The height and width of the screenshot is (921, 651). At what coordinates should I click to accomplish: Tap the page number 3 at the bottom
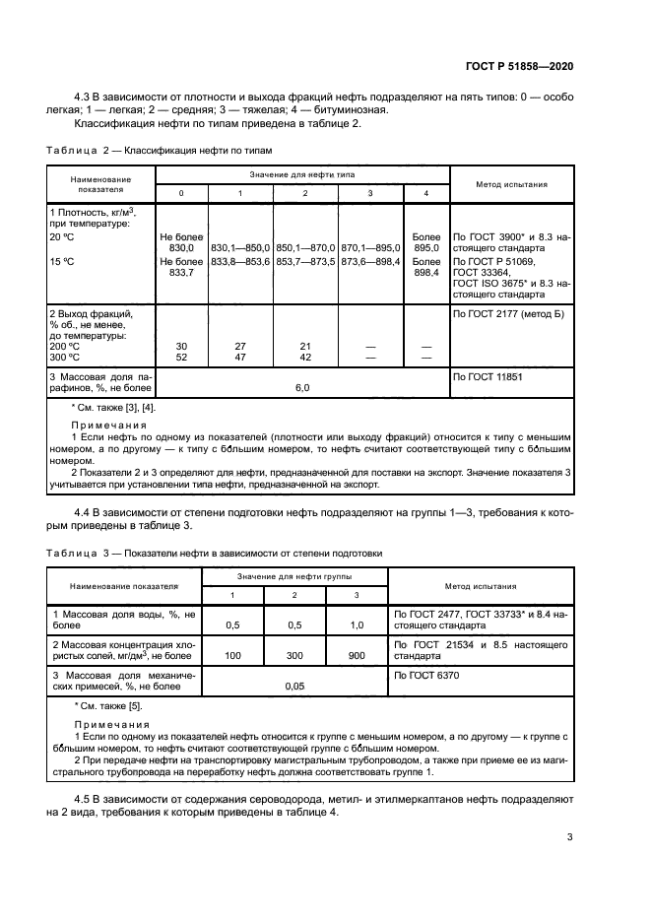tap(570, 837)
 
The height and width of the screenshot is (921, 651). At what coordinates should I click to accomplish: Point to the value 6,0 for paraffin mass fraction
tap(303, 388)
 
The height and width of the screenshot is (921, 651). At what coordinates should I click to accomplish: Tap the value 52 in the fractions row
tap(181, 358)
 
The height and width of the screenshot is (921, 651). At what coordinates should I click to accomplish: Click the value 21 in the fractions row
tap(304, 347)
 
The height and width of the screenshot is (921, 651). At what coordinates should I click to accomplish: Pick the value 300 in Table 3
tap(294, 654)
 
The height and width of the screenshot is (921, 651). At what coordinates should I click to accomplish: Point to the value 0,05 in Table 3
tap(294, 687)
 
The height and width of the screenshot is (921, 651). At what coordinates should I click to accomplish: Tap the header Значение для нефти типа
tap(303, 173)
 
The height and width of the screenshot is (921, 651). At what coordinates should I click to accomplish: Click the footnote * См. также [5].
tap(108, 705)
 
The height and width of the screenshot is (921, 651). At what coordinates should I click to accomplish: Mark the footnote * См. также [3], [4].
tap(113, 407)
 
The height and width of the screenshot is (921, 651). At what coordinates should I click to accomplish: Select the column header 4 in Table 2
tap(426, 192)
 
